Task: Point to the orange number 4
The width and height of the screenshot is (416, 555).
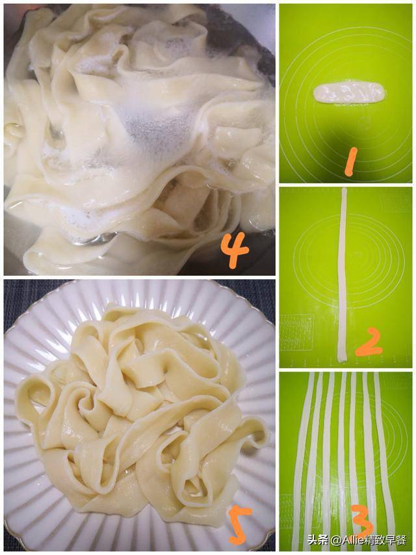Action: point(234,250)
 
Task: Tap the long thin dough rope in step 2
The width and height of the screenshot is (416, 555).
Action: point(343,273)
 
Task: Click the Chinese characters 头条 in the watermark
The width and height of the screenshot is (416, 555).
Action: point(317,541)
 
